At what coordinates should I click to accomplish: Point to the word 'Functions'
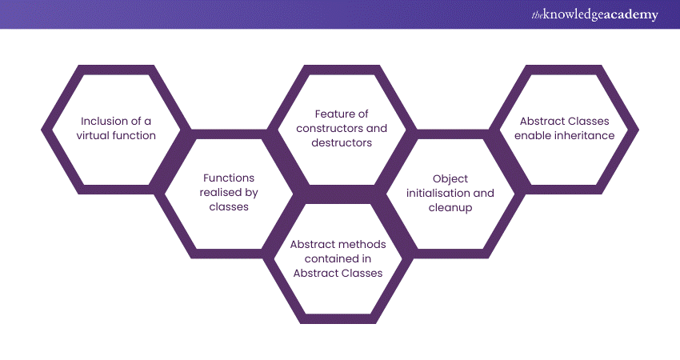230,178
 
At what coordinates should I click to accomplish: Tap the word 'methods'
355,243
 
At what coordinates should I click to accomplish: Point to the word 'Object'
450,178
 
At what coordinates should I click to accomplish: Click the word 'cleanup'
450,207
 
